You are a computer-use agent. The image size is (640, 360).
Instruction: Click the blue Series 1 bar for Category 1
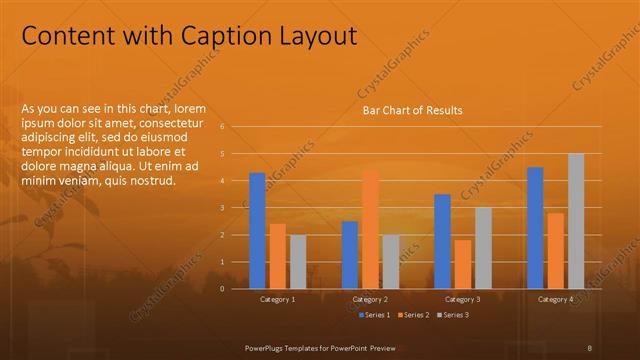point(257,230)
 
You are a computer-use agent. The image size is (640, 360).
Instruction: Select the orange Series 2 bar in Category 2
point(370,229)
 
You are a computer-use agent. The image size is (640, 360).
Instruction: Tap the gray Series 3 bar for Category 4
point(576,221)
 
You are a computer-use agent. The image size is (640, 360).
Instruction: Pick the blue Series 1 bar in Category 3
point(442,241)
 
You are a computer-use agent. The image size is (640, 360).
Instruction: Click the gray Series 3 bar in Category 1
point(298,262)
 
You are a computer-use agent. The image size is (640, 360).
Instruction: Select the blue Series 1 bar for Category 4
point(535,228)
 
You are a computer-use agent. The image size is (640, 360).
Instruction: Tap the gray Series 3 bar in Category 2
point(391,262)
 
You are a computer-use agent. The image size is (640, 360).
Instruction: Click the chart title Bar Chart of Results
point(412,110)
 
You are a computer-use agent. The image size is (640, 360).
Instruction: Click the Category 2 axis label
point(370,299)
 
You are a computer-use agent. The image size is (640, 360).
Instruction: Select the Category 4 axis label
point(555,299)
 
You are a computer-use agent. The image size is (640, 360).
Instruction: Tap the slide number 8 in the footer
point(590,345)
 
